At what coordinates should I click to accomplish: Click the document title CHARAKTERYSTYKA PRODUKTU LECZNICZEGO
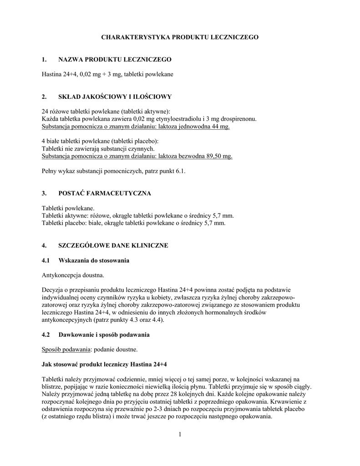tap(180, 37)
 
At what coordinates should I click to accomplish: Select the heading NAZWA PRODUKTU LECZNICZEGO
tap(115, 60)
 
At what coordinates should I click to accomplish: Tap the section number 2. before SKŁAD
tap(44, 96)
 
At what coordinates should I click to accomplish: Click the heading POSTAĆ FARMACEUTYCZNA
tap(105, 193)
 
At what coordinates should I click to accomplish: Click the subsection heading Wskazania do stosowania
tap(94, 260)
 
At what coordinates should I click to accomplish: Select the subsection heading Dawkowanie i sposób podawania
tap(104, 335)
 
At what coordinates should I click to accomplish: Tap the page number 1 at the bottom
tap(180, 435)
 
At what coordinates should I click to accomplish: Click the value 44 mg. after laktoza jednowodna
tap(221, 127)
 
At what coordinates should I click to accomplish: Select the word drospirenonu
tap(234, 119)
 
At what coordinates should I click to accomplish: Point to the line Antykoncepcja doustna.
tap(73, 275)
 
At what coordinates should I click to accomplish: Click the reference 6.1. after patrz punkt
tap(180, 171)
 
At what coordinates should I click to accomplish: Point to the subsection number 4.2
tap(46, 335)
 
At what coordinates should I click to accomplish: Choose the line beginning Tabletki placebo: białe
tap(133, 223)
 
